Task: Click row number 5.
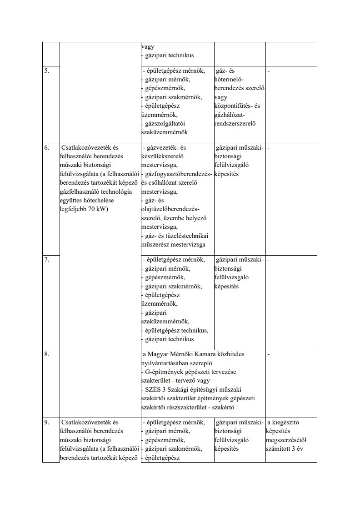[46, 71]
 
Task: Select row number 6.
[46, 148]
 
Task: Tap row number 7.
[46, 260]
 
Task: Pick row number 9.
[46, 422]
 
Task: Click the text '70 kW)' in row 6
[97, 209]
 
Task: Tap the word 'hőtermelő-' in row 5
[230, 79]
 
